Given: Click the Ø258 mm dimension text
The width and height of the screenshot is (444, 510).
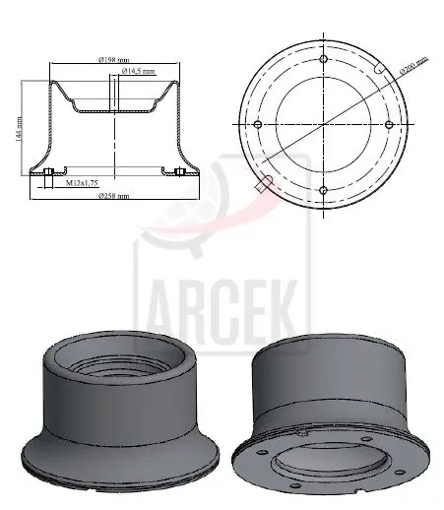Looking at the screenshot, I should [113, 195].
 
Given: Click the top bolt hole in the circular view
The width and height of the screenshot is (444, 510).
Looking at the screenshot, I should [324, 59].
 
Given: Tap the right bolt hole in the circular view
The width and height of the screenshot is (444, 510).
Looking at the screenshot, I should [390, 125].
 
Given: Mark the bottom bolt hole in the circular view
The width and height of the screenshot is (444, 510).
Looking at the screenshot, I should [324, 190].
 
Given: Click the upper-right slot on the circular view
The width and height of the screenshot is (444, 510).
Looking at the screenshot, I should [381, 70].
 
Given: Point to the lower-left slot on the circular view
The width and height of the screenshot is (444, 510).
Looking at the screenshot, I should [267, 180].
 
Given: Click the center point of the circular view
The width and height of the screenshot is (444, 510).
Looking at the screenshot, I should [324, 125].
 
